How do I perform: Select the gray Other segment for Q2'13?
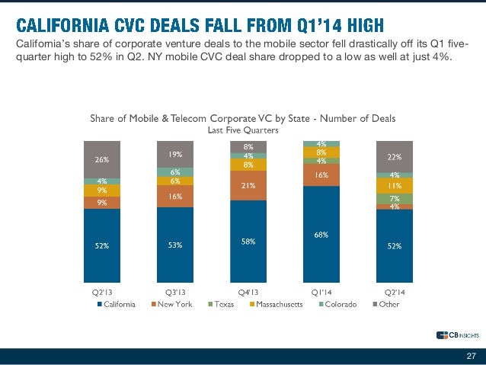[102, 159]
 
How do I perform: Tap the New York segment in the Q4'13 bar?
[248, 185]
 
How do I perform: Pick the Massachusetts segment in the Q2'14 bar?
[394, 185]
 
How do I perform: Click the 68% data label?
[321, 235]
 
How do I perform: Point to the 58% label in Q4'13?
[248, 241]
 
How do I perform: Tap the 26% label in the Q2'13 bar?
[102, 160]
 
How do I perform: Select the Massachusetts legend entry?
[275, 304]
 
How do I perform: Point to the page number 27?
[471, 356]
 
